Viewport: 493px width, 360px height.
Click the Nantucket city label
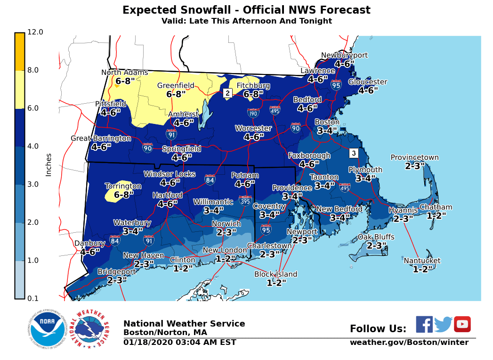[x=422, y=261]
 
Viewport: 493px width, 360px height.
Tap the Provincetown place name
[x=414, y=158]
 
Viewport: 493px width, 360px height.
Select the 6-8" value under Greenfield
[x=176, y=94]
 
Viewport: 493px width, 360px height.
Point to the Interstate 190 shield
[x=253, y=113]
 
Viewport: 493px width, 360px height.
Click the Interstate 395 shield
[x=245, y=201]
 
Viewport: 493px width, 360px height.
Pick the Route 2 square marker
[x=227, y=93]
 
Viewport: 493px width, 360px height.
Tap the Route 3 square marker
[x=354, y=153]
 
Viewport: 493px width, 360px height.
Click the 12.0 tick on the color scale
[x=35, y=32]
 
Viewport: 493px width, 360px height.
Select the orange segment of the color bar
[x=19, y=52]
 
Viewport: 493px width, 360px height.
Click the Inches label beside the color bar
[x=48, y=165]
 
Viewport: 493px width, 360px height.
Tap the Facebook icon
[x=424, y=324]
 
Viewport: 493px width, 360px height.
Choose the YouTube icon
[x=462, y=324]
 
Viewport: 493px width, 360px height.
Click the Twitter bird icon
[x=443, y=324]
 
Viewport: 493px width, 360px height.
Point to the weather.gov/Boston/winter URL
[x=409, y=343]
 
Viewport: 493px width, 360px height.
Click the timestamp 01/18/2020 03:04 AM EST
[x=179, y=343]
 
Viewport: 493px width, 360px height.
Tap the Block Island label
[x=276, y=274]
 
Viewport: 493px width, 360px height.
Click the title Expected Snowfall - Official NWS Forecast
[x=246, y=10]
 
